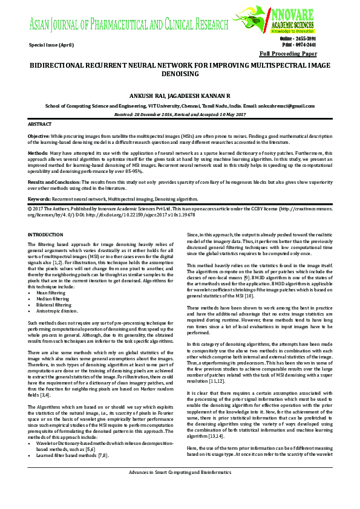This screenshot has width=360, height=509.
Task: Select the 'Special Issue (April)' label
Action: (x=53, y=46)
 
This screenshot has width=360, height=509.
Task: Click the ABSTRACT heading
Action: (x=40, y=124)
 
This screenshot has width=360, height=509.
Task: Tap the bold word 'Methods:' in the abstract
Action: (x=38, y=154)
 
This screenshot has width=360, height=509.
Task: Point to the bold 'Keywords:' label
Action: (x=39, y=198)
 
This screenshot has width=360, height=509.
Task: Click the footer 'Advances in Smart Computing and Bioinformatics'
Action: (x=180, y=487)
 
